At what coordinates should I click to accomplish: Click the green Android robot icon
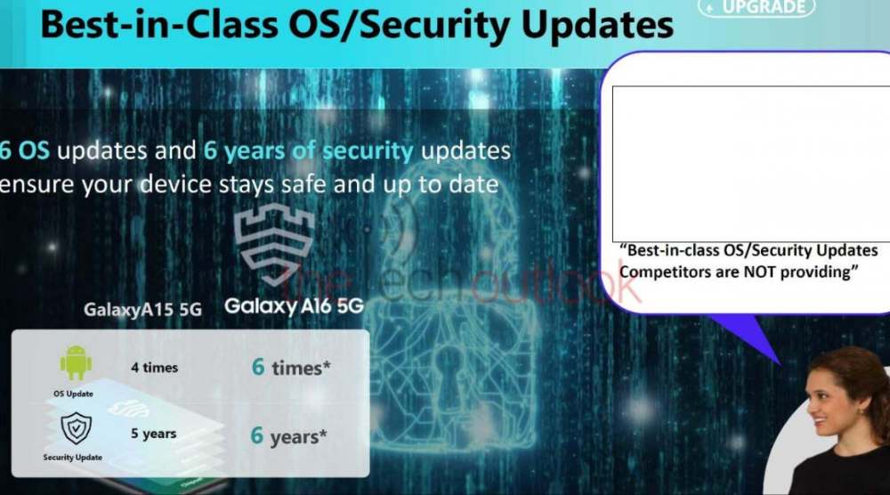(76, 362)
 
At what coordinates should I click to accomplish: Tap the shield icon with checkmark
(76, 428)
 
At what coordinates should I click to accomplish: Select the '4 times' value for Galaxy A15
(154, 368)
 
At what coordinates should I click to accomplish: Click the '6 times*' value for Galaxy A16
(291, 368)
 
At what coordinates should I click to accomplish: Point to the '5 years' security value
(153, 433)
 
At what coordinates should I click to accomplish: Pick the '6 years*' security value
(288, 436)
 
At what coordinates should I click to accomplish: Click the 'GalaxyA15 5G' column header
(142, 310)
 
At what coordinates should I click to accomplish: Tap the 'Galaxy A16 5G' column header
(294, 306)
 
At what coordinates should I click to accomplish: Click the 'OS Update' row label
(73, 394)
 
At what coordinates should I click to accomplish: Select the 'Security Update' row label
(73, 458)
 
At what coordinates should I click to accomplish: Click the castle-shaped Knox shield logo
(273, 244)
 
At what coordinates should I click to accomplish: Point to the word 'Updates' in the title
(596, 26)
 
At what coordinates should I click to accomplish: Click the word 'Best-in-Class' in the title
(159, 25)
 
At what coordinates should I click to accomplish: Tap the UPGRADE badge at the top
(756, 7)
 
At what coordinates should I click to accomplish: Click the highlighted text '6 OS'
(24, 150)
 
